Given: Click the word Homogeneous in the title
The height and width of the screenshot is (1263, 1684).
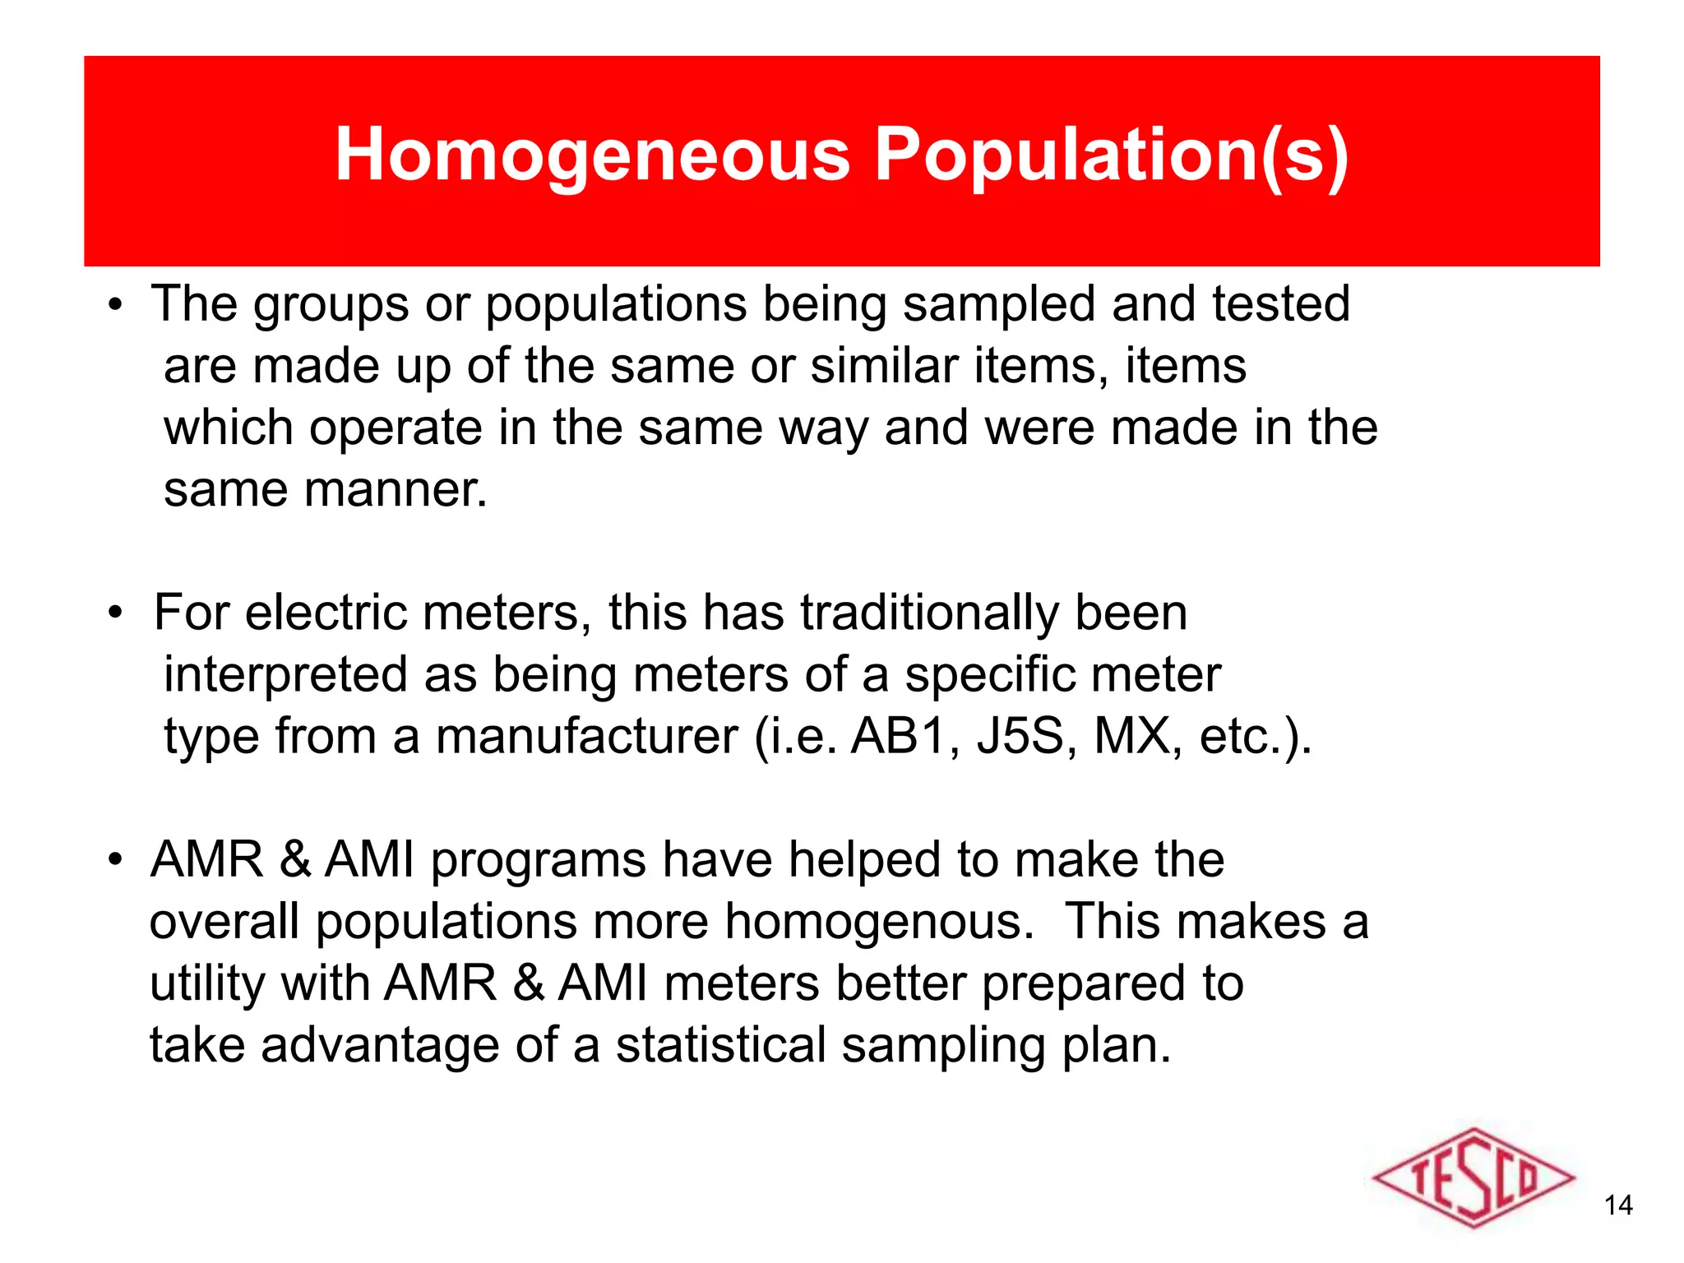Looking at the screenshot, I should pos(592,155).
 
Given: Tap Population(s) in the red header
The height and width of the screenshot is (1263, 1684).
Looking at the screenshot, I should pos(1110,155).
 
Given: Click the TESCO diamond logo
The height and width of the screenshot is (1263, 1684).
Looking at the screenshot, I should pos(1473,1178).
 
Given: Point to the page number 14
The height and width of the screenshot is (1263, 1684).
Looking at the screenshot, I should pos(1618,1205).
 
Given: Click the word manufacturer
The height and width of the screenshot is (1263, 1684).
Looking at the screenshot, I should pos(586,736).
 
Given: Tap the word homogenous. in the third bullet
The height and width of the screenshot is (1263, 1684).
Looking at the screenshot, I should pos(879,922).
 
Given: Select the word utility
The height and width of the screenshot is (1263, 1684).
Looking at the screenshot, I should pos(207,984).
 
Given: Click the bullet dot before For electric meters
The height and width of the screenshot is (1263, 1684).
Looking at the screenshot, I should pos(116,613).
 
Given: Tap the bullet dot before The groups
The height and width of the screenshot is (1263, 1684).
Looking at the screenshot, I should pos(116,305).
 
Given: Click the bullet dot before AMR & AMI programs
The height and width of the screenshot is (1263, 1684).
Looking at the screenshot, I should pos(116,860).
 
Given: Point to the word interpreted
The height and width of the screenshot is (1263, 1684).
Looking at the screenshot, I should pos(285,676).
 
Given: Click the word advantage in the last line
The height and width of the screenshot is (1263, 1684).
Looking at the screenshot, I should pos(380,1046).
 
